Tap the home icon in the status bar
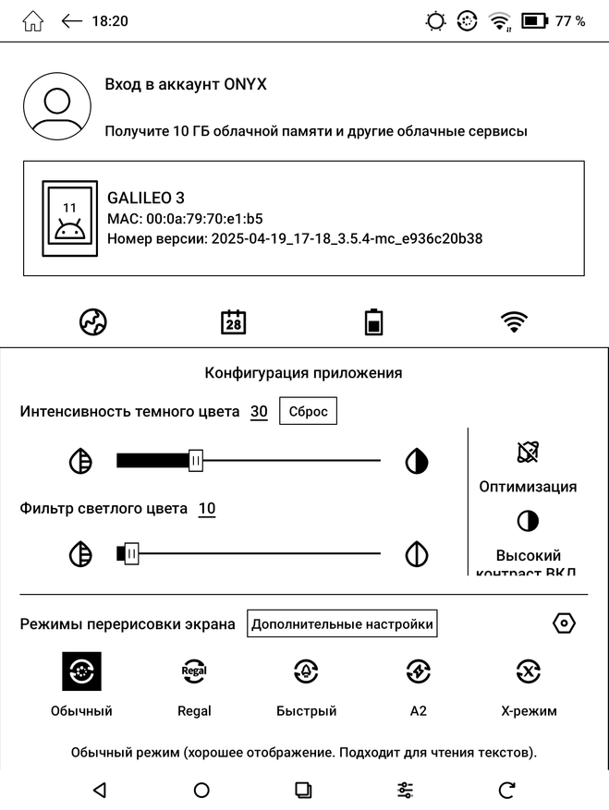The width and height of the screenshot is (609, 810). pyautogui.click(x=32, y=21)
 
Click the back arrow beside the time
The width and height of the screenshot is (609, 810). pyautogui.click(x=71, y=21)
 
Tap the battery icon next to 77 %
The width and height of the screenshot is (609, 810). pyautogui.click(x=534, y=21)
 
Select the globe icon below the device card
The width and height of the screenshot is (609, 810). pyautogui.click(x=93, y=322)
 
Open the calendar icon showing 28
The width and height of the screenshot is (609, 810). pyautogui.click(x=234, y=322)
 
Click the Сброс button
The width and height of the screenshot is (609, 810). pyautogui.click(x=309, y=412)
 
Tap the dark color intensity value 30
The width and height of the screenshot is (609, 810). pyautogui.click(x=259, y=412)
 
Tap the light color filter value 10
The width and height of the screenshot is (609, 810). pyautogui.click(x=207, y=509)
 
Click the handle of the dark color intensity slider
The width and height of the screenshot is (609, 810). pyautogui.click(x=195, y=461)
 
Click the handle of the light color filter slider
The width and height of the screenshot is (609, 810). pyautogui.click(x=131, y=554)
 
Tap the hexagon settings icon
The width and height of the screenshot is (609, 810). pyautogui.click(x=564, y=623)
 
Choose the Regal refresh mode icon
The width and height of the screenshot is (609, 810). pyautogui.click(x=194, y=672)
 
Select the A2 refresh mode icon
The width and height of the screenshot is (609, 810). pyautogui.click(x=418, y=672)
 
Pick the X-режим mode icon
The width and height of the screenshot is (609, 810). pyautogui.click(x=528, y=672)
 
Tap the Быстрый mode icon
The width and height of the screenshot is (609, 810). pyautogui.click(x=306, y=672)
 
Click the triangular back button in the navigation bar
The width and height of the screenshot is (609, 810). pyautogui.click(x=100, y=790)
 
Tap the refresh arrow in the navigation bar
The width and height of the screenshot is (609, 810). pyautogui.click(x=506, y=790)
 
